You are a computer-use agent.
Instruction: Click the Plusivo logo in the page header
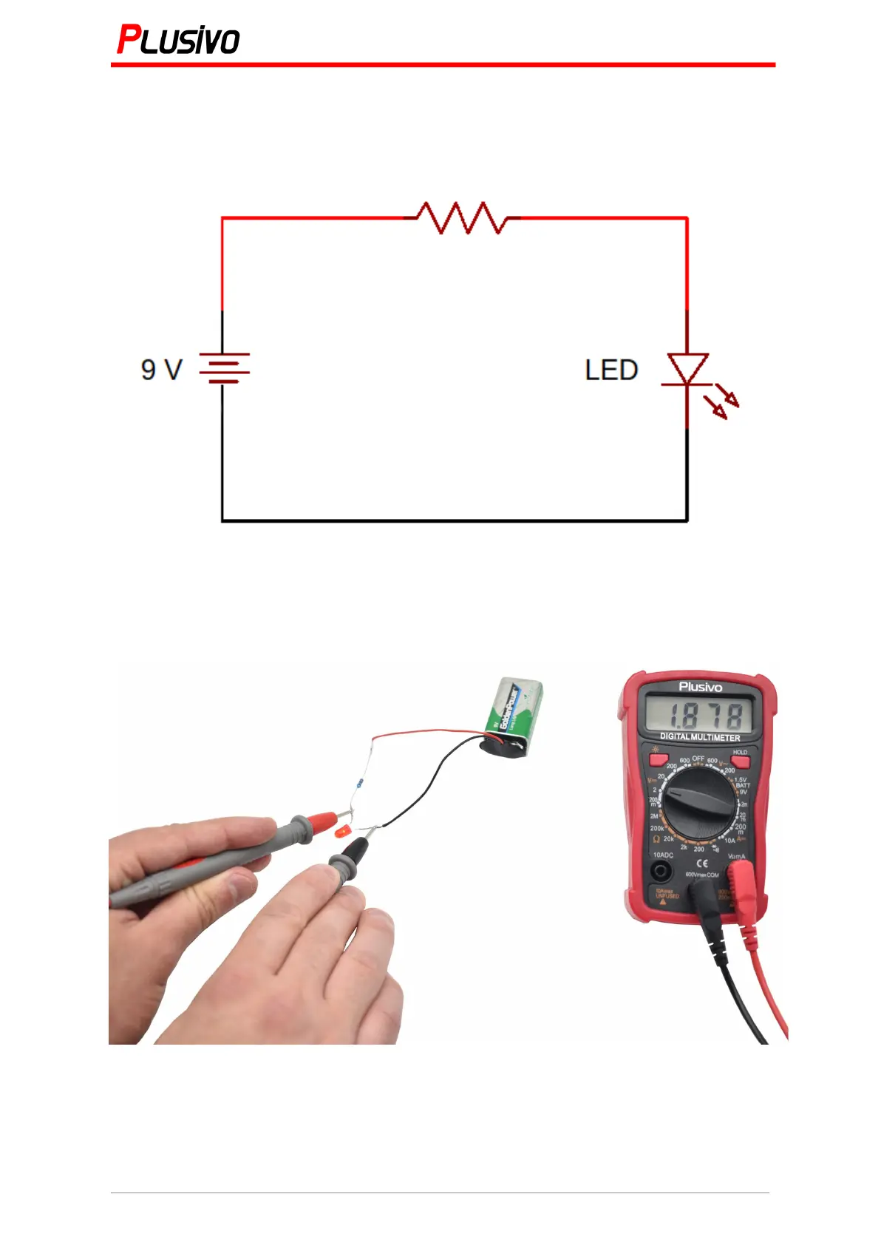point(178,40)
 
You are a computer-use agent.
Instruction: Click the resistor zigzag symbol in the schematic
point(462,217)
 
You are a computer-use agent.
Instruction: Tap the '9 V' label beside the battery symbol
point(161,370)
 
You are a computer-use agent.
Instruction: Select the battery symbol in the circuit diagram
point(223,368)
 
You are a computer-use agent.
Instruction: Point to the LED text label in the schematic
point(611,370)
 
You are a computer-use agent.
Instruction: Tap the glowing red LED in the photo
point(342,832)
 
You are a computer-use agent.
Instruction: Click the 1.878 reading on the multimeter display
point(699,715)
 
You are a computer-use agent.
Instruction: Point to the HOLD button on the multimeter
point(740,761)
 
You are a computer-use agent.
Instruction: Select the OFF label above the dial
point(698,759)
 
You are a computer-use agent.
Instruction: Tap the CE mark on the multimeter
point(701,863)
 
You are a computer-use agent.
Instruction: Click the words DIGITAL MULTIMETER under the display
point(699,737)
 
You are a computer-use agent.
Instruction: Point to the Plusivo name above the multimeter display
point(700,687)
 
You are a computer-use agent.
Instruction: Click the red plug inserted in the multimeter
point(739,883)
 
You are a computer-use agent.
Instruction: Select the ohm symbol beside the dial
point(656,839)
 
